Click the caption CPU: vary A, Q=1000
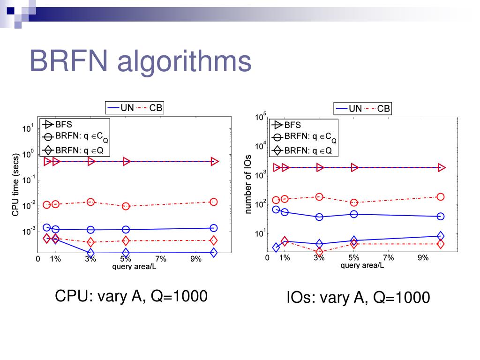(131, 296)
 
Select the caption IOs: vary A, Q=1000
(358, 298)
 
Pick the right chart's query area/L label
(362, 265)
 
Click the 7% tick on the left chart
(161, 259)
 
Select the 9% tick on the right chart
(423, 257)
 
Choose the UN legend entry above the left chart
(121, 108)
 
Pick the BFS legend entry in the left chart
(58, 125)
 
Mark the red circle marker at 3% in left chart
(91, 202)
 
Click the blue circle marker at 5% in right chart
(354, 214)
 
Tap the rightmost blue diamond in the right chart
(441, 236)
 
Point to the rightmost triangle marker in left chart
(214, 161)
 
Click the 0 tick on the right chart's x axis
(267, 257)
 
